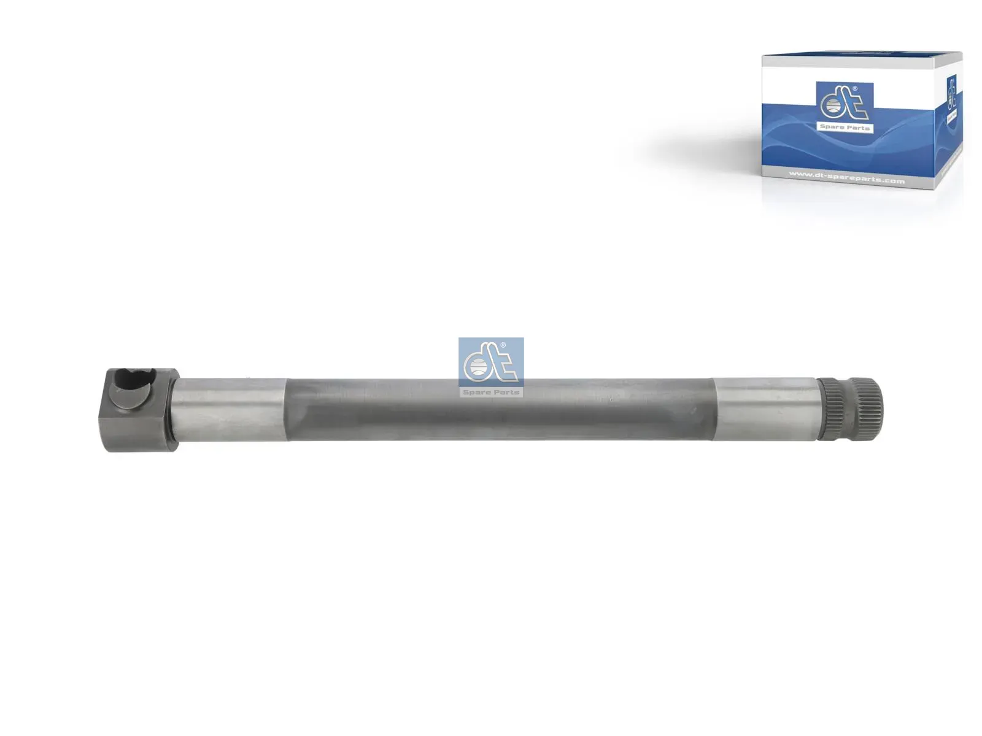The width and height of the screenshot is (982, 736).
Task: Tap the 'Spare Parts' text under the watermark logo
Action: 491,392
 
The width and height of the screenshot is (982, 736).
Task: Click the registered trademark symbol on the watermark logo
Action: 503,345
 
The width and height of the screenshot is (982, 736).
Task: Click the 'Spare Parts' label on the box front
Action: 845,128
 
